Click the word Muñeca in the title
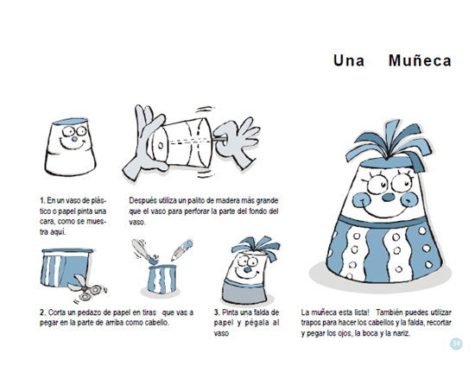click(420, 60)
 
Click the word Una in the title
click(349, 60)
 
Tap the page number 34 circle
click(456, 344)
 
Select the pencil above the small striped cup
click(182, 250)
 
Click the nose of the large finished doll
click(388, 198)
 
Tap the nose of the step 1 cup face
click(74, 140)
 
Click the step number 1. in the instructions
click(42, 201)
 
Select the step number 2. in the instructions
click(42, 312)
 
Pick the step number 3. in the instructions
click(217, 312)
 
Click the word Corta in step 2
click(57, 312)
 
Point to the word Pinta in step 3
click(231, 312)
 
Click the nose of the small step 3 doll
click(248, 269)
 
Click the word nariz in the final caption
click(402, 333)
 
